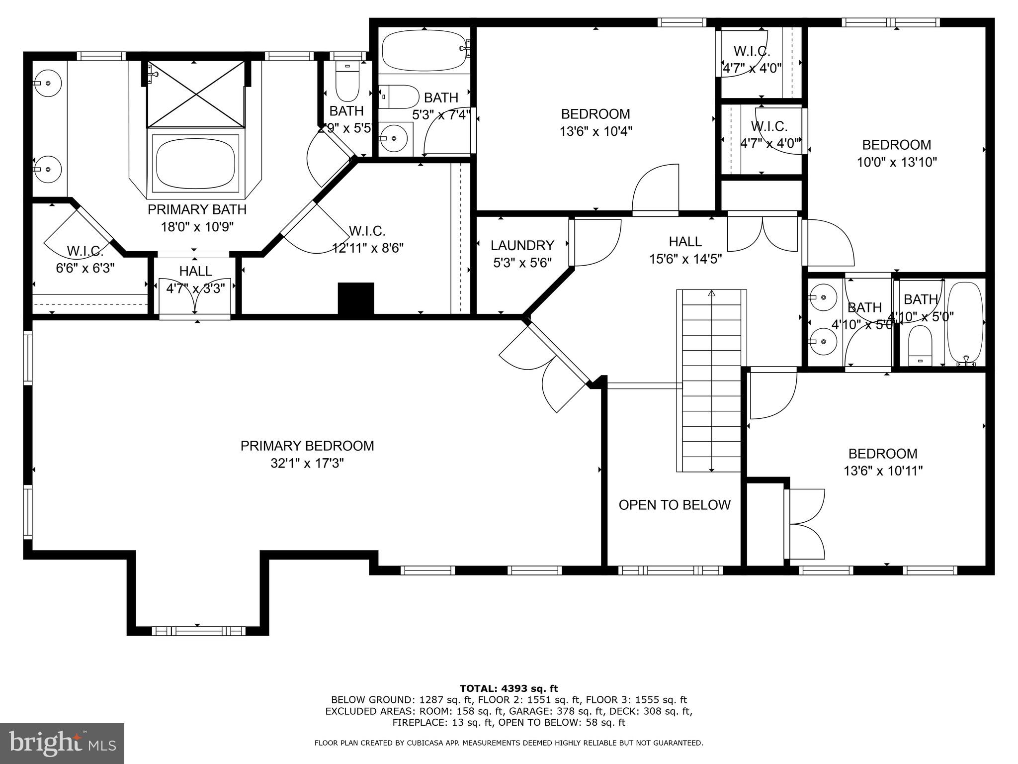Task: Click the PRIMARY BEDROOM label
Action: (307, 446)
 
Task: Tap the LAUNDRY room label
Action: (522, 245)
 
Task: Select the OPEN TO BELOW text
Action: (675, 505)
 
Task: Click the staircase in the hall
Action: (711, 381)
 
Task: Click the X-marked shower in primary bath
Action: (195, 94)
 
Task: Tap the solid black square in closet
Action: (356, 298)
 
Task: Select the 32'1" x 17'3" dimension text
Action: (307, 464)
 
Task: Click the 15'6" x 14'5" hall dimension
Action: (685, 259)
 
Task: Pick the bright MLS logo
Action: (62, 743)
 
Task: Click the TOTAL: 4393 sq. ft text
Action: (509, 688)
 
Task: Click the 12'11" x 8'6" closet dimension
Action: (368, 248)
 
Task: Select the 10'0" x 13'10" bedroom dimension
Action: (897, 162)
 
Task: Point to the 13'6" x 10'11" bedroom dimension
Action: (883, 471)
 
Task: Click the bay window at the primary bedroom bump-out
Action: (198, 631)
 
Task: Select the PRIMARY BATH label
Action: (197, 209)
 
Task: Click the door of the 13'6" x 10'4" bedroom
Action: (655, 189)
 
